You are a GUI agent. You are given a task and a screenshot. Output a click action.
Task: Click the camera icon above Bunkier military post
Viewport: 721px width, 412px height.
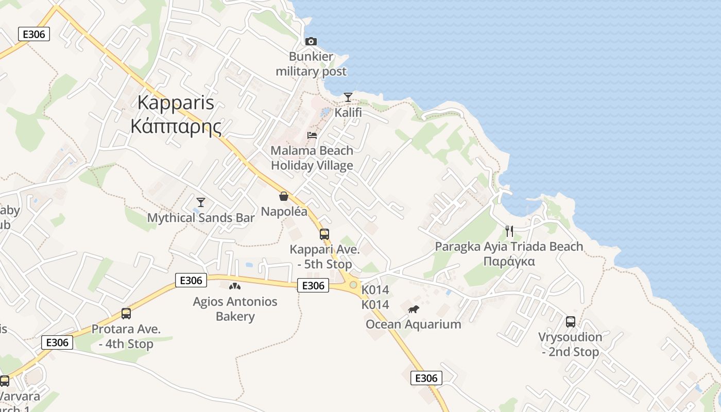tap(311, 41)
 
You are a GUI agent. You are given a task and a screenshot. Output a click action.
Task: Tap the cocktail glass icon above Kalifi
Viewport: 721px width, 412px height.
tap(348, 97)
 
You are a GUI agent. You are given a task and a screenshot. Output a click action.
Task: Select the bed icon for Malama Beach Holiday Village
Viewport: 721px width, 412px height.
tap(312, 135)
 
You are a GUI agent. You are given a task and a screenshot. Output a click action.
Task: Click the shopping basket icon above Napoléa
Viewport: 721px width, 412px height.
tap(284, 196)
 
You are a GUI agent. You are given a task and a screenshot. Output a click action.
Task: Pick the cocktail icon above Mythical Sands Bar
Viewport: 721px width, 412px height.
tap(201, 202)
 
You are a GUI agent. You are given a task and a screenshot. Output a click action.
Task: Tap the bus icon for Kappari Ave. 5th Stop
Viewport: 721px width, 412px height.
tap(324, 234)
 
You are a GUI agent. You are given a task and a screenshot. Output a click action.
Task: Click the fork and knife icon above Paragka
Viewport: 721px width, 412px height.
tap(509, 231)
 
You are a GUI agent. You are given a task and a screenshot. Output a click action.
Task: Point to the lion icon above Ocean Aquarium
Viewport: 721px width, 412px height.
tap(413, 310)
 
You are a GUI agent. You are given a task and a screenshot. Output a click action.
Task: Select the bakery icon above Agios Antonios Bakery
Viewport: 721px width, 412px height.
tap(235, 286)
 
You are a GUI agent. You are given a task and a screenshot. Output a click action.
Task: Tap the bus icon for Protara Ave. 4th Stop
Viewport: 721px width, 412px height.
tap(126, 314)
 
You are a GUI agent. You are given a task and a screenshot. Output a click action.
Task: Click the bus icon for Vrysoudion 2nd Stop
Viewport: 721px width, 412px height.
tap(571, 322)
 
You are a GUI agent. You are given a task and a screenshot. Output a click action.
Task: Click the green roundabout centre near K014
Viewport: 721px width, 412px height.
tap(353, 284)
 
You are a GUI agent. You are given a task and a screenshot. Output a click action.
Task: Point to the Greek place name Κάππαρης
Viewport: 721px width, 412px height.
tap(176, 126)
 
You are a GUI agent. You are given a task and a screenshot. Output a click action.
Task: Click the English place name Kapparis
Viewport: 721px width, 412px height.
tap(176, 102)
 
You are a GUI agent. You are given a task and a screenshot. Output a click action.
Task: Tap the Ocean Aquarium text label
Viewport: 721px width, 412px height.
tap(413, 324)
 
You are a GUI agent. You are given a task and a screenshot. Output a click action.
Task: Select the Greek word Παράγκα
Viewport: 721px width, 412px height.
tap(509, 262)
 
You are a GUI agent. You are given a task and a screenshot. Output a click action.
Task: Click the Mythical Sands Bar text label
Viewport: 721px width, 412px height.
tap(201, 218)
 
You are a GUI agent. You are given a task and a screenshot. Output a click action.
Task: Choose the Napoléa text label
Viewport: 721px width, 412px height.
tap(284, 212)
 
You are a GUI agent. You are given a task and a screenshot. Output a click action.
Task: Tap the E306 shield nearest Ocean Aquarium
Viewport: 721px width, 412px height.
tap(426, 379)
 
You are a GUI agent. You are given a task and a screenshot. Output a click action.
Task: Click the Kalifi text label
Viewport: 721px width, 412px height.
tap(348, 112)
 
